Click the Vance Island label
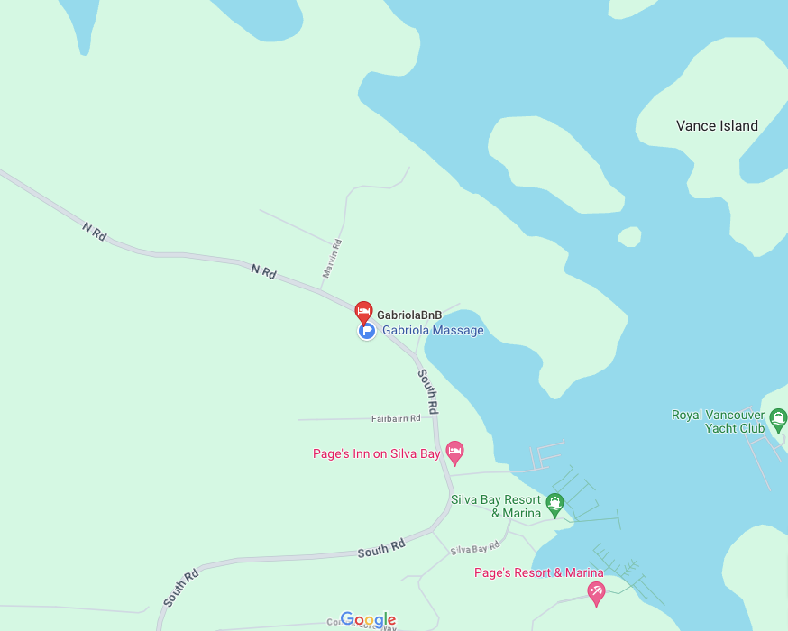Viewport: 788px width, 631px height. (717, 126)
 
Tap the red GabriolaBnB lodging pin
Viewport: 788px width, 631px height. (363, 312)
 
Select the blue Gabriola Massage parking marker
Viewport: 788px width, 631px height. (367, 331)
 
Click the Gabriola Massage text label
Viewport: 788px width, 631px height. (433, 331)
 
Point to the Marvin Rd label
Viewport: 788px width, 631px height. (332, 258)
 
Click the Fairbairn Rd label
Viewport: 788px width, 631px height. (396, 419)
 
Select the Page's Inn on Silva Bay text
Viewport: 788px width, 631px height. (376, 454)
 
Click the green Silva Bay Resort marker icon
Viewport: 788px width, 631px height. (555, 502)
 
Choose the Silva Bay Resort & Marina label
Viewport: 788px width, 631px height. (496, 507)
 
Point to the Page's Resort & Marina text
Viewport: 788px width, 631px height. (538, 572)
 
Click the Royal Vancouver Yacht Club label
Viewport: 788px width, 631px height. (718, 422)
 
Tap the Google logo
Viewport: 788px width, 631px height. (369, 620)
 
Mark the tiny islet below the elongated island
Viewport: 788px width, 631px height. (629, 236)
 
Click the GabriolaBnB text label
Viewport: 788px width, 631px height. (409, 315)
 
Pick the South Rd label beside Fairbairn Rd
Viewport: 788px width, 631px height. (428, 391)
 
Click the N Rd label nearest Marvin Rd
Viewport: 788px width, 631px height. (263, 270)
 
